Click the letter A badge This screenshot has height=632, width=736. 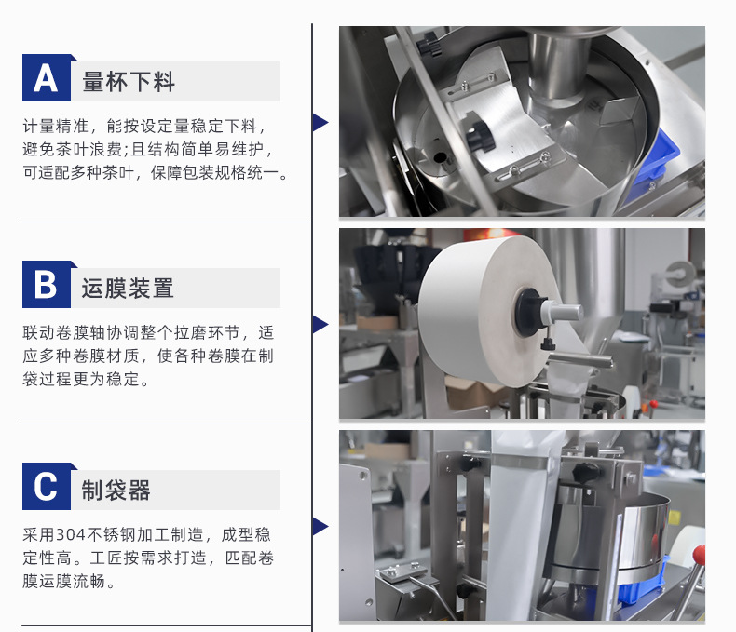tap(47, 78)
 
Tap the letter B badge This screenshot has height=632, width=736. tap(47, 284)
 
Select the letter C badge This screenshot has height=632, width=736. tap(47, 486)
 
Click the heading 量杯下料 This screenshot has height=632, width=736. tap(129, 82)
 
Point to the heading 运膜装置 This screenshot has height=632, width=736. tap(128, 288)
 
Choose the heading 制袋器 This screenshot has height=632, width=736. tap(116, 490)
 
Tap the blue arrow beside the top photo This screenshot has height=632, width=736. tap(320, 122)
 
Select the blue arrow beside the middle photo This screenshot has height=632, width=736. tap(320, 325)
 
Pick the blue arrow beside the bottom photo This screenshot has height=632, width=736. tap(320, 527)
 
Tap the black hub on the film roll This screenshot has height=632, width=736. tap(529, 312)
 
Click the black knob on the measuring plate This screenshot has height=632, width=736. tap(480, 137)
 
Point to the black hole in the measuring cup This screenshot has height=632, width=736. tap(440, 157)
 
